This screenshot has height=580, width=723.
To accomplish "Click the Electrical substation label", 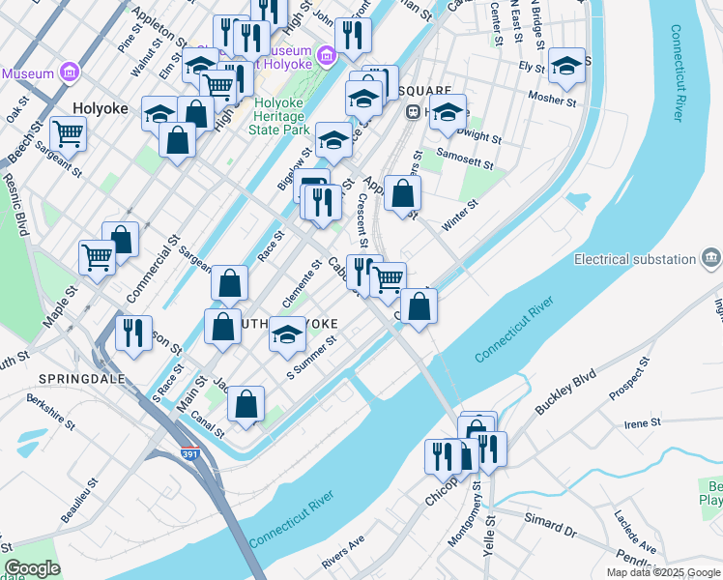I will point(635,259).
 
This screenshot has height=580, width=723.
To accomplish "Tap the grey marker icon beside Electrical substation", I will point(711,258).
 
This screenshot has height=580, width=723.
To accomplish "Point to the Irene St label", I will point(642,422).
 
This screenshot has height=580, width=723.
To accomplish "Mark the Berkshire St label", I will point(50,411).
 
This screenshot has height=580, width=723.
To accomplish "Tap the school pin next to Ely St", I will point(566,65).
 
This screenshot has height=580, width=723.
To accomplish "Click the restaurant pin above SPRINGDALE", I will point(133,333).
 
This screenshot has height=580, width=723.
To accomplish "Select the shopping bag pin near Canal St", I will point(246,404).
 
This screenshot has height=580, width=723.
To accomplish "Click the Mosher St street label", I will point(553,99).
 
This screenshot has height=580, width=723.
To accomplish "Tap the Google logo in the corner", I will point(32,568).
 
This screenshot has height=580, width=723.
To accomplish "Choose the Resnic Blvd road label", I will point(14,204).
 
